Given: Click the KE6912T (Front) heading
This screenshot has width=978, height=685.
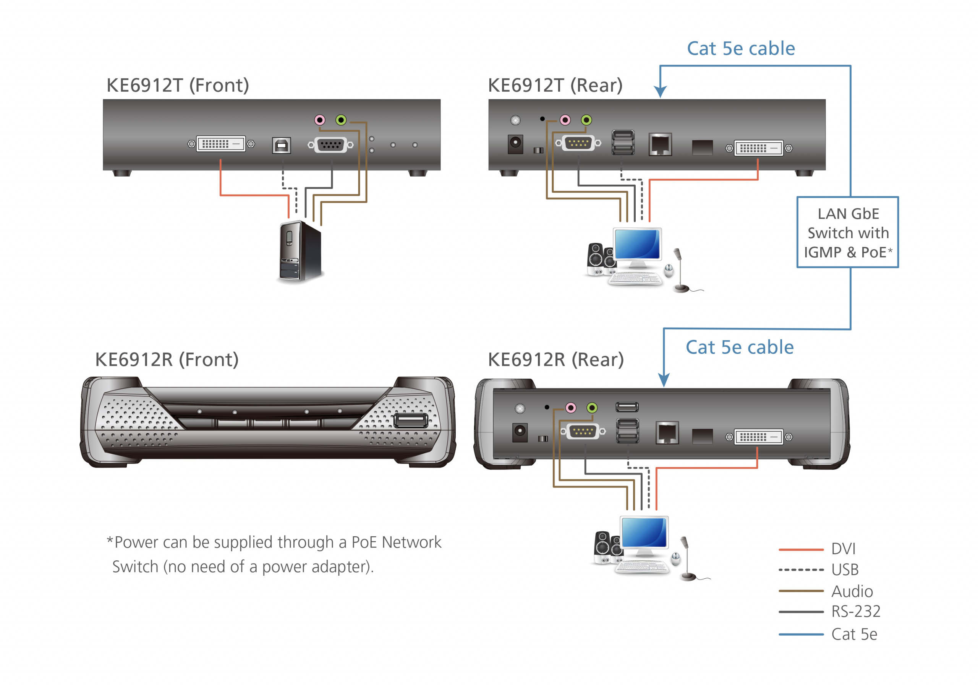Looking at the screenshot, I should pos(178,85).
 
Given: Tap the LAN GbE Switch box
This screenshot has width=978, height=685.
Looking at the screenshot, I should pos(847,232).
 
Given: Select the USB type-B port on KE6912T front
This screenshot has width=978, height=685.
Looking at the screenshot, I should pos(281,145).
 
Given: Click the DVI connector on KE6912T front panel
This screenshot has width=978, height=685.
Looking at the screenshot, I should pos(221,144).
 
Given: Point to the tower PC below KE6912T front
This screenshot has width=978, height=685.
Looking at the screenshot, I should pos(300,252).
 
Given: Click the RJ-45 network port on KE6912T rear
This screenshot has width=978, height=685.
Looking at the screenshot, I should pos(660,144).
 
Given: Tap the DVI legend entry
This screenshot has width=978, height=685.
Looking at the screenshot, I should pos(843,549).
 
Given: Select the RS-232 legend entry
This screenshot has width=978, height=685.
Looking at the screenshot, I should pos(855,612).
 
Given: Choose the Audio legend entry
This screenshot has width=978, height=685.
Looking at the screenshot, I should pos(852,591).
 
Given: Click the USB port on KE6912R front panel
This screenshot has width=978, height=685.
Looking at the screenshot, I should pos(410,421).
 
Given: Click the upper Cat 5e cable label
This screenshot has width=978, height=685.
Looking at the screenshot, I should pos(741,49).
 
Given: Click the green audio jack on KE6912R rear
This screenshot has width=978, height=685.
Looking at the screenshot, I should pos(592,408).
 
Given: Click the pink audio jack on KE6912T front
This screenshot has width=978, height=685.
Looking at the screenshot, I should pos(319,120).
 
